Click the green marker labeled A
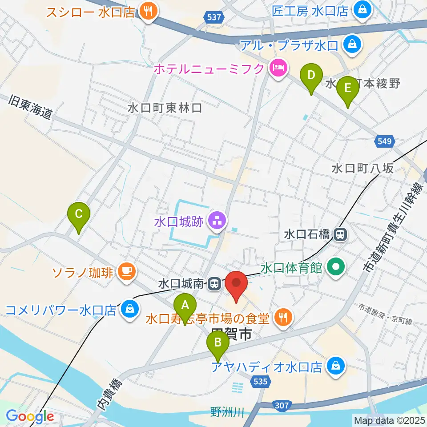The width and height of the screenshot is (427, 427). [185, 306]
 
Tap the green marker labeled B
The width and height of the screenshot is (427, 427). [218, 343]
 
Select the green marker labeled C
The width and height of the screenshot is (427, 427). [79, 215]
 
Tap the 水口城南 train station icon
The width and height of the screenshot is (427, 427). [214, 283]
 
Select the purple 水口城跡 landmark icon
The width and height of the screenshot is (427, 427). [217, 220]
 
